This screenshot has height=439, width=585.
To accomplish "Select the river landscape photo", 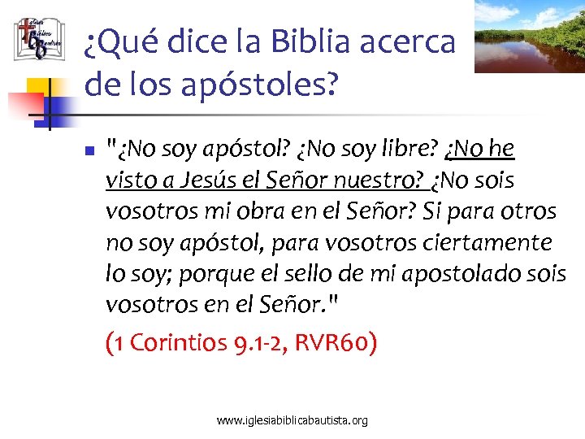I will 529,36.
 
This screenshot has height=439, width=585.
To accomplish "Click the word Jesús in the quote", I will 199,180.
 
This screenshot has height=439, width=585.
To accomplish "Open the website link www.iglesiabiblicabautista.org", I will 292,420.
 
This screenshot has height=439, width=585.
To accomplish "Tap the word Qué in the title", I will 121,42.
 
